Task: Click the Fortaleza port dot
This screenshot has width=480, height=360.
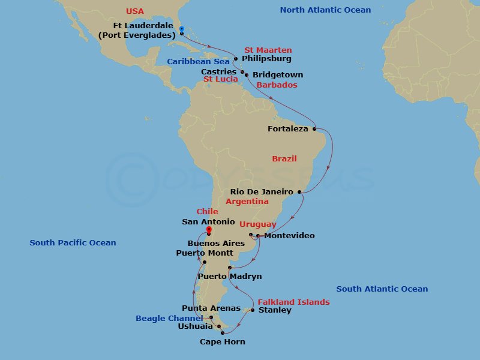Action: click(314, 128)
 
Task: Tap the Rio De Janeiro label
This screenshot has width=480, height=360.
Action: click(262, 192)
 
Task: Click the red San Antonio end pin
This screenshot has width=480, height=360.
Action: click(209, 230)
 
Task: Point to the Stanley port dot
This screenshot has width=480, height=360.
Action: click(253, 310)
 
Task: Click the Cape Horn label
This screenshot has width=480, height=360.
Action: click(222, 342)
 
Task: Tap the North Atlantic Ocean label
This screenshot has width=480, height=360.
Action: click(325, 10)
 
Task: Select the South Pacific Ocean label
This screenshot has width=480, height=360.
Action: click(73, 243)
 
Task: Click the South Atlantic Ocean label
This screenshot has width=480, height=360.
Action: click(382, 289)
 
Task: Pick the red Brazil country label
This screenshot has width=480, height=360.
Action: click(284, 159)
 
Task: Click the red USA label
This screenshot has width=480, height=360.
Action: click(136, 12)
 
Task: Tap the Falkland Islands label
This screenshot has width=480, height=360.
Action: click(294, 302)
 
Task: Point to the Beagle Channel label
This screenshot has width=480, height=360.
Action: click(169, 319)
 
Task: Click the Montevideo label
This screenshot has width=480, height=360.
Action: click(289, 236)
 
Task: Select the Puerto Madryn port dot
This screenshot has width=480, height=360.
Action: click(230, 268)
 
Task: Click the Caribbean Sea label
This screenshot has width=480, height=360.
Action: click(198, 62)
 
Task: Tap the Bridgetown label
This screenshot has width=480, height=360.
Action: click(278, 75)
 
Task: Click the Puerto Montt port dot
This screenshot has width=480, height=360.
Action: click(205, 262)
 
